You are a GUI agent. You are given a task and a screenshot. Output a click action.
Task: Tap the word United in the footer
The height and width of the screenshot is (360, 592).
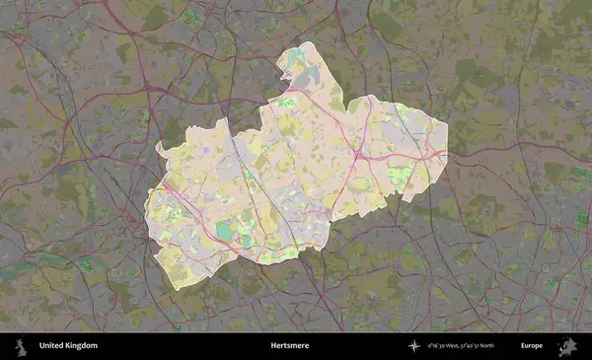pyautogui.click(x=51, y=346)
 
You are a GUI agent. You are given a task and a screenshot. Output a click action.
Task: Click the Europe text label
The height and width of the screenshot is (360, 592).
pyautogui.click(x=532, y=346)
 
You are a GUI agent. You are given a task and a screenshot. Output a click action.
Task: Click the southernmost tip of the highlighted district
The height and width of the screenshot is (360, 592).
pyautogui.click(x=174, y=289)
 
